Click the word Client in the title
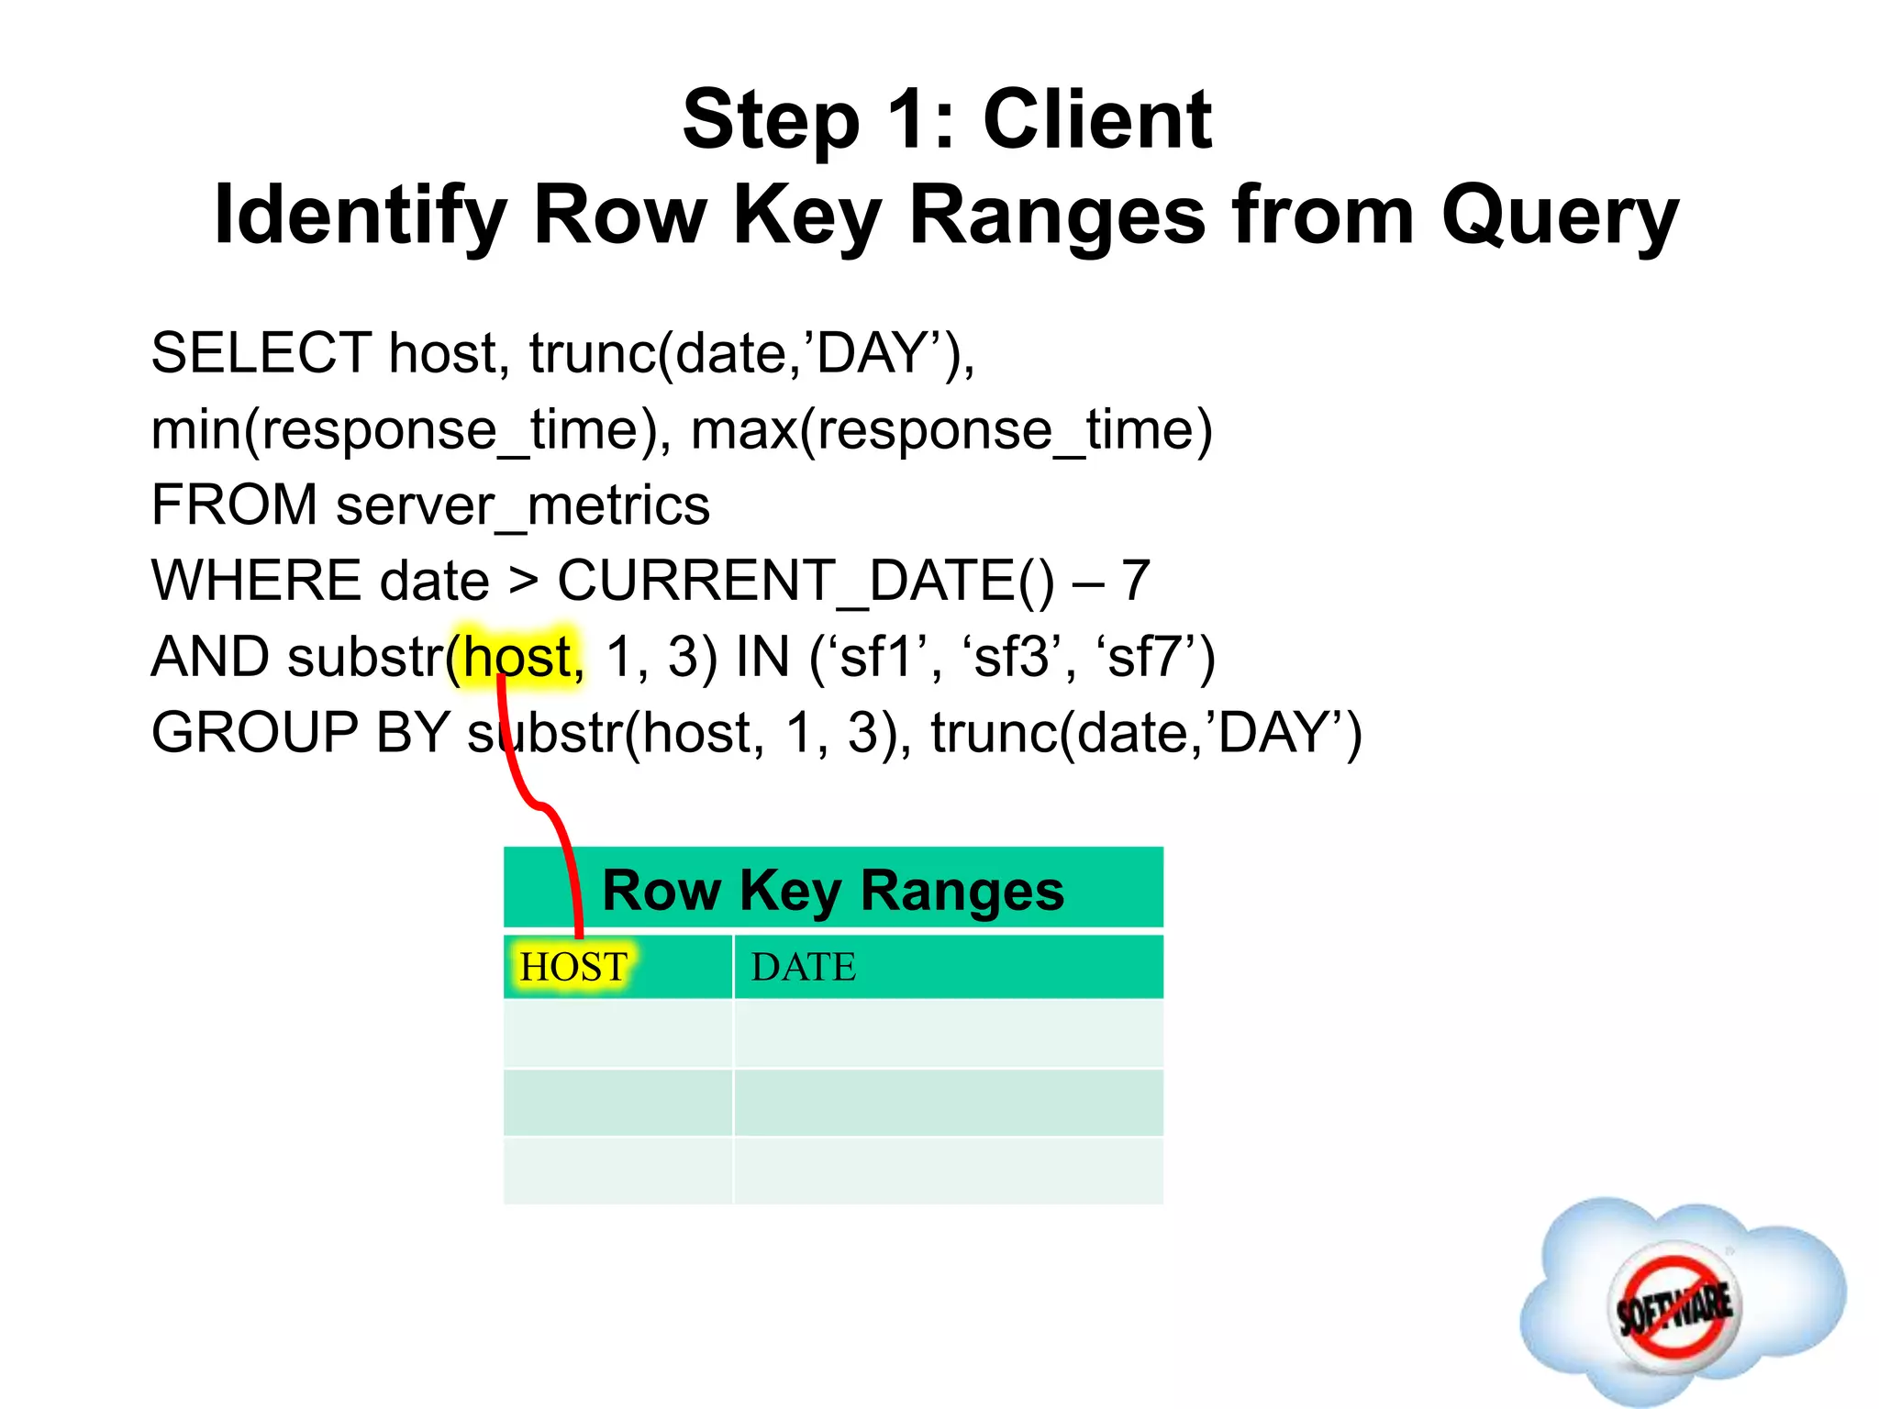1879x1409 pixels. click(x=1097, y=121)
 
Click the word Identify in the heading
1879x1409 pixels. click(x=360, y=216)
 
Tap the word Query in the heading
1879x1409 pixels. click(x=1560, y=216)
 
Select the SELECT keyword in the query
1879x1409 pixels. click(x=261, y=353)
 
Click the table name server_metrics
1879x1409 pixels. click(x=523, y=505)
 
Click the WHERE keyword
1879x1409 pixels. click(x=256, y=581)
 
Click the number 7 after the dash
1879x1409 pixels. click(x=1136, y=581)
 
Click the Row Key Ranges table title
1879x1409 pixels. click(x=833, y=891)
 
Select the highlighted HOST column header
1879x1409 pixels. click(x=573, y=968)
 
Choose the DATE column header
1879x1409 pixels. click(x=804, y=968)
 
